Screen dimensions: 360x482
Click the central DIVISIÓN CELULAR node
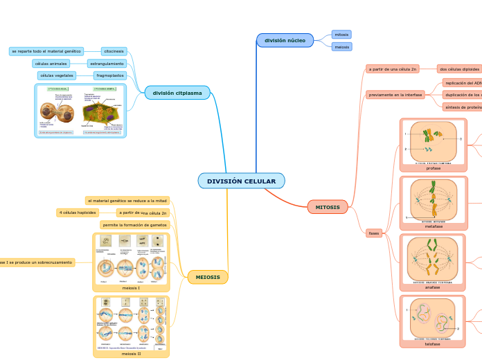(x=241, y=181)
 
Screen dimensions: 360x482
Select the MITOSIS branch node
(x=328, y=207)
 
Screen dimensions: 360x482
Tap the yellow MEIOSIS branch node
(x=208, y=277)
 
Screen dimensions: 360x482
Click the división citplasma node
(x=177, y=93)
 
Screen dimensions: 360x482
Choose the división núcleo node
(x=285, y=40)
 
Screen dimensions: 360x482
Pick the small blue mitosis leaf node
(x=341, y=34)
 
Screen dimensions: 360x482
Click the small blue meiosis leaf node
(x=341, y=47)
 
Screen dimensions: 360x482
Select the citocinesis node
(x=114, y=51)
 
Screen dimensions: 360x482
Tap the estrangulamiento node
(x=106, y=64)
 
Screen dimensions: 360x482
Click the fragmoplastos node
(x=109, y=75)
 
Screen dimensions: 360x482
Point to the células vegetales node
(x=57, y=75)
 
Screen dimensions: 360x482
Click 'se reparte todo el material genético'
(x=46, y=51)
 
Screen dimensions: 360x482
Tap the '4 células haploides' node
(x=77, y=213)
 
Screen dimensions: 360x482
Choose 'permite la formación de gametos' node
(x=135, y=225)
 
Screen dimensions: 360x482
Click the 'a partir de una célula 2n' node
(x=393, y=69)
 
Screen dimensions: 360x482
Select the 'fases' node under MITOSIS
(x=374, y=233)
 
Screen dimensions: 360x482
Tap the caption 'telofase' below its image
(x=433, y=344)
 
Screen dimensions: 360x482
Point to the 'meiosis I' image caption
(x=131, y=288)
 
